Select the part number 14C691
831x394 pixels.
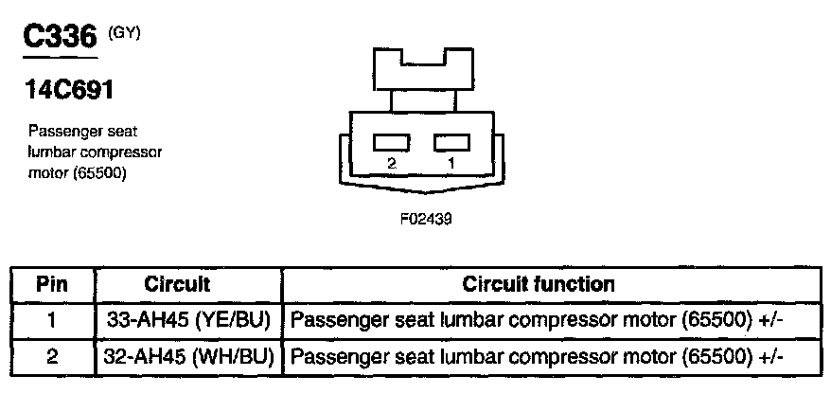click(x=70, y=91)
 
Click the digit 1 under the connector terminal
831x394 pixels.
click(x=451, y=163)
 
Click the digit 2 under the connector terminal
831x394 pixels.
click(x=391, y=163)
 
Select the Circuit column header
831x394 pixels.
click(x=177, y=284)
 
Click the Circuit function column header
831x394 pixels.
click(x=539, y=284)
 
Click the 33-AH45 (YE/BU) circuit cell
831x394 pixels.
click(x=186, y=320)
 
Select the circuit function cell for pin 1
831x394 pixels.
click(x=539, y=320)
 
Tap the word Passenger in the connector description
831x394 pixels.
click(x=61, y=132)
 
